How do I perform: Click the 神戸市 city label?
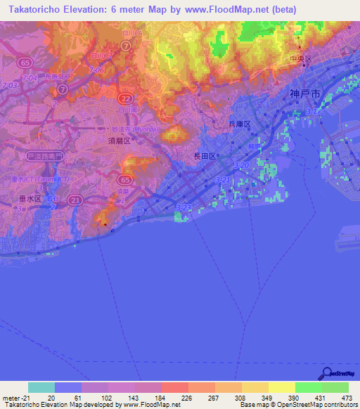click(x=304, y=93)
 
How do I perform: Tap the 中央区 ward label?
click(x=301, y=60)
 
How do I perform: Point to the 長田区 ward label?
click(x=204, y=157)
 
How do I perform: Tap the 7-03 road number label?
click(x=10, y=86)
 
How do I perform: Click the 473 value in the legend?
click(x=347, y=398)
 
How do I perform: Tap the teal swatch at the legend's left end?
click(x=41, y=387)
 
